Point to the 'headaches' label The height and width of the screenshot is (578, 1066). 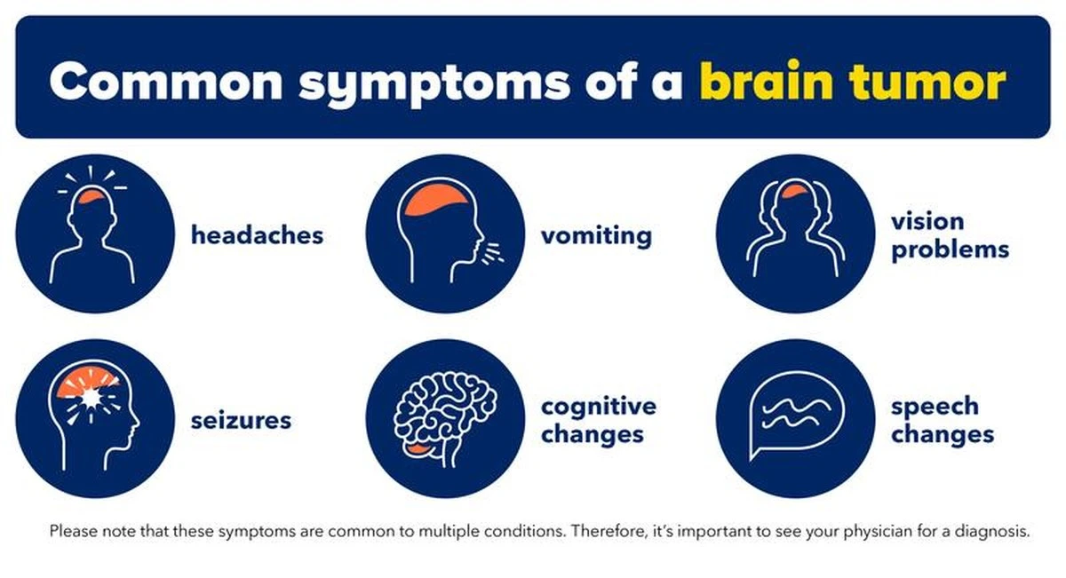pyautogui.click(x=257, y=234)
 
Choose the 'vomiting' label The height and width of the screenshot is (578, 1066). pyautogui.click(x=596, y=235)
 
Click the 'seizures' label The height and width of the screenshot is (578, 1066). pyautogui.click(x=241, y=421)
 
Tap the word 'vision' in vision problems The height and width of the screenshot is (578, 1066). pyautogui.click(x=927, y=221)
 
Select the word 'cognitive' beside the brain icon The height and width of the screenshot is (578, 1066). pyautogui.click(x=599, y=407)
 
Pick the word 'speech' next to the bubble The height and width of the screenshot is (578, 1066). pyautogui.click(x=935, y=408)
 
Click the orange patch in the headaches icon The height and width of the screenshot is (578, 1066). pyautogui.click(x=91, y=196)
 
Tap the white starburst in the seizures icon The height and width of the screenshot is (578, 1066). pyautogui.click(x=91, y=396)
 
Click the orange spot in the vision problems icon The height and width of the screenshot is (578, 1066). pyautogui.click(x=795, y=191)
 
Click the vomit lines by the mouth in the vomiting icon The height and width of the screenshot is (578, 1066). pyautogui.click(x=492, y=253)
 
